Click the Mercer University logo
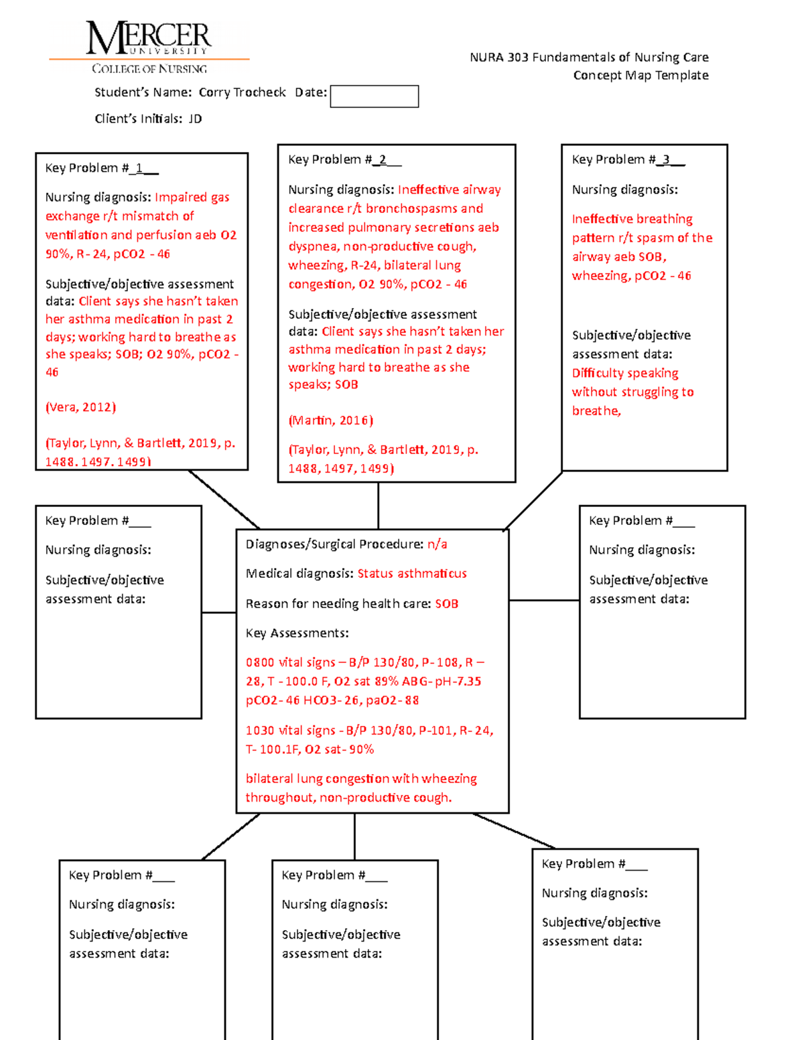[149, 47]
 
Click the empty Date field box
[374, 96]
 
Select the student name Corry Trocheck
[243, 92]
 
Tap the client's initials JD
[195, 119]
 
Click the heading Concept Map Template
[641, 75]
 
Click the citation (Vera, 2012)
[80, 407]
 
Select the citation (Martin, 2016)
[330, 421]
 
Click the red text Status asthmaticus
[412, 573]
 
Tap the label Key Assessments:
[297, 634]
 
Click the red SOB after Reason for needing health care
[446, 604]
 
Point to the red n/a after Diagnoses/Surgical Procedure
[438, 544]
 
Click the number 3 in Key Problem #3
[666, 159]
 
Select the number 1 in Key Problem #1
[139, 168]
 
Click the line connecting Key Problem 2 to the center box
[379, 506]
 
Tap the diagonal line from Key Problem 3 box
[533, 501]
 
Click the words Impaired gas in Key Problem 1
[192, 197]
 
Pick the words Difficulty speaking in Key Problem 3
[625, 373]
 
